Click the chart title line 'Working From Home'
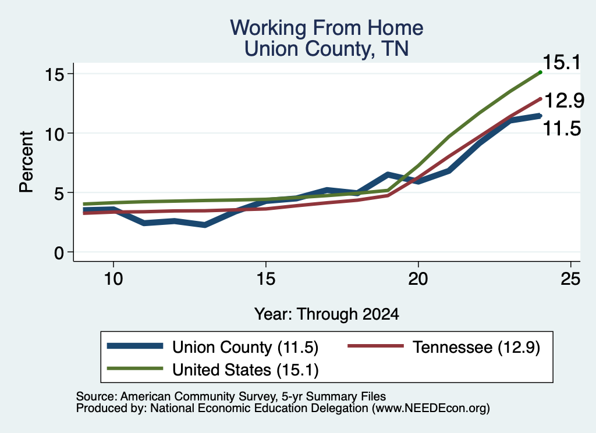[327, 28]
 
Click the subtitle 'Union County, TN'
[327, 49]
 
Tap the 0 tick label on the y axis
[59, 252]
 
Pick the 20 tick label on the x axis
[418, 279]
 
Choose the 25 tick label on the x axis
[570, 279]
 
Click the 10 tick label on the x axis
[113, 279]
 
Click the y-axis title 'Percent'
[27, 162]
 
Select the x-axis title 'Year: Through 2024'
[327, 314]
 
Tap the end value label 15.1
[562, 62]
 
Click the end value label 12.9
[564, 101]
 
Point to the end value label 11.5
[562, 128]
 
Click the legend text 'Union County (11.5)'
[245, 347]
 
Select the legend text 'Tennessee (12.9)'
[476, 347]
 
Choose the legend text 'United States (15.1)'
[245, 370]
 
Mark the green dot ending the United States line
[540, 72]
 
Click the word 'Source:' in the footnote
[97, 396]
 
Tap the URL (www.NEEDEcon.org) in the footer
[431, 409]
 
